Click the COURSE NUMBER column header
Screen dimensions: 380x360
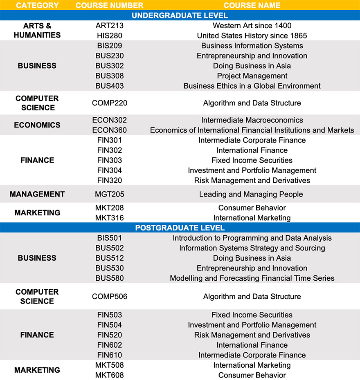110,5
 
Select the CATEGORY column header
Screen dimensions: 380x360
37,5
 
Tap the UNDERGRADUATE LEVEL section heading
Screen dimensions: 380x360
180,16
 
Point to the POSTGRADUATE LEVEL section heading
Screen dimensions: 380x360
180,228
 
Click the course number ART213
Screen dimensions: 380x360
110,26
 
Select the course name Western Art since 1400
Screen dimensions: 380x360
252,26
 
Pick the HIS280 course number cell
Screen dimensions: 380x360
110,36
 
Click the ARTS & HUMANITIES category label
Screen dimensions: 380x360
37,31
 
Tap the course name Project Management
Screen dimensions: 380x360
252,76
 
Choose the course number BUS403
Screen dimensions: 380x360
110,86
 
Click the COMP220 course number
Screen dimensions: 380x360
110,103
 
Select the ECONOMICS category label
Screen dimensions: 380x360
37,125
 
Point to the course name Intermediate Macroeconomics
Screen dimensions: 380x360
252,120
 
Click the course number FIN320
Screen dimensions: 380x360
110,180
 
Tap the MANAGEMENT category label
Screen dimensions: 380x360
37,194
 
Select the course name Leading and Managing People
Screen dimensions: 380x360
252,194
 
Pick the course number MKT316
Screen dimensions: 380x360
110,218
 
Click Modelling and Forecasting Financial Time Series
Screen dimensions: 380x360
252,278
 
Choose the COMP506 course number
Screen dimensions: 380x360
110,297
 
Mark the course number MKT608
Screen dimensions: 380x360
110,375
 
